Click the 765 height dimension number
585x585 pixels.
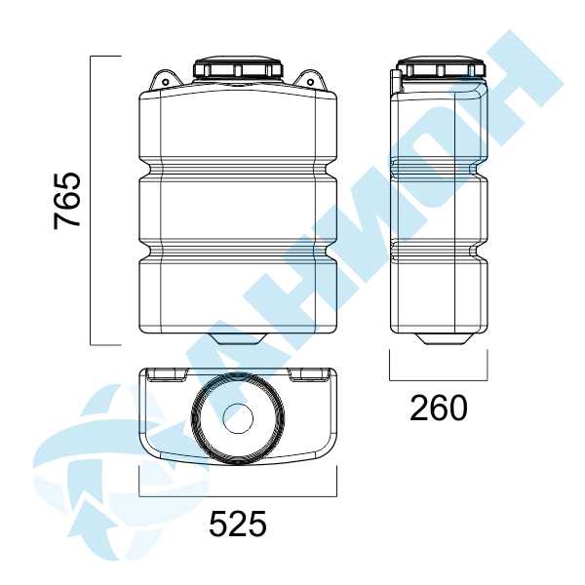[x=67, y=201]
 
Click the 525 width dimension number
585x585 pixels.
[x=238, y=524]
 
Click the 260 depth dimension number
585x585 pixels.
[x=439, y=408]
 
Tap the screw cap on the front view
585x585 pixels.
[x=239, y=67]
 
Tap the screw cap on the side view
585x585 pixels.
[x=441, y=67]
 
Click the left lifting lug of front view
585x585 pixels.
[x=165, y=80]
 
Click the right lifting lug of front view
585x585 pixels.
[x=311, y=80]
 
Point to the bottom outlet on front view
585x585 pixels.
[x=239, y=338]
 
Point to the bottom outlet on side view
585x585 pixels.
[x=441, y=338]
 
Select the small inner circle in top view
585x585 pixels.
[x=238, y=418]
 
